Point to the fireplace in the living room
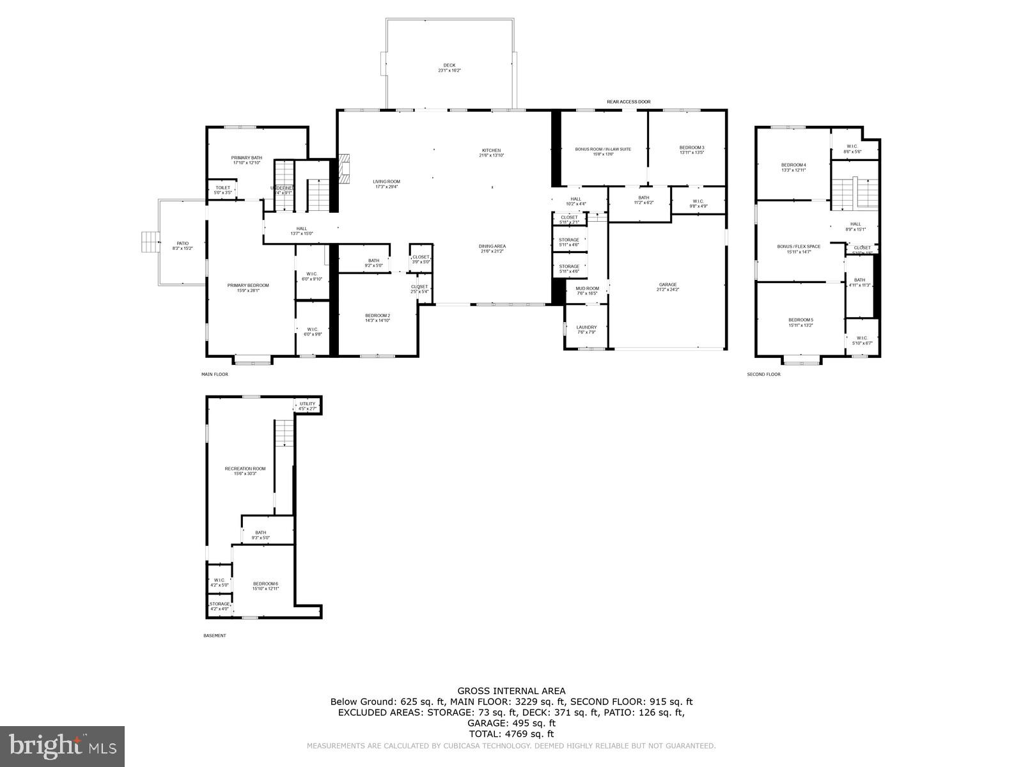click(344, 168)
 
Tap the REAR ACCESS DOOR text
click(629, 102)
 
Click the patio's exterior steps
click(149, 243)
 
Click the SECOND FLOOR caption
click(763, 374)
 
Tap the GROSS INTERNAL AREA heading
click(511, 690)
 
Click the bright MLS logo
click(63, 746)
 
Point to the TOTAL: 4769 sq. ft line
click(511, 734)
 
